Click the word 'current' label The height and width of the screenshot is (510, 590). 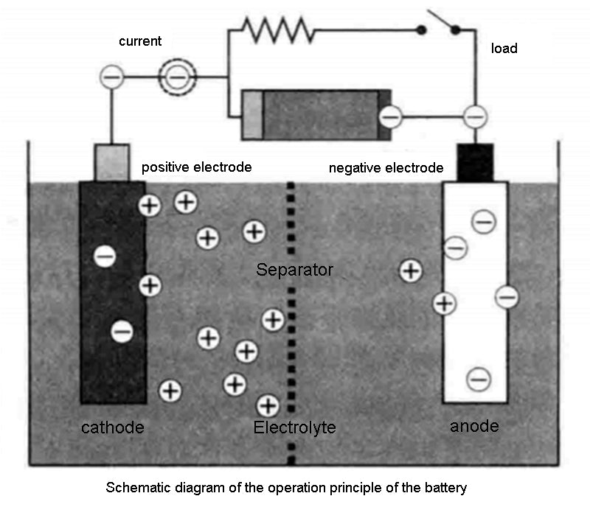coord(140,41)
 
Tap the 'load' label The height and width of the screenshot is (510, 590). coord(504,49)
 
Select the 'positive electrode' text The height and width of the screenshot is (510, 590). coord(197,167)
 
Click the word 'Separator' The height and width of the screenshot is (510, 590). coord(295,270)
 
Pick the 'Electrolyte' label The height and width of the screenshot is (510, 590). coord(294,427)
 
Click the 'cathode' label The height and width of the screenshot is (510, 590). coord(113,427)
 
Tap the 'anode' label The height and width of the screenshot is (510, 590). coord(474,426)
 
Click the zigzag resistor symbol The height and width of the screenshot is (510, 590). coord(279,30)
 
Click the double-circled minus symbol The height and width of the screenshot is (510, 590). coord(177,74)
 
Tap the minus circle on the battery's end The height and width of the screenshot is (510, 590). coord(391,116)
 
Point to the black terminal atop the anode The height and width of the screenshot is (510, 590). coord(475,161)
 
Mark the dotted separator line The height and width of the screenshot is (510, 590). coord(292,324)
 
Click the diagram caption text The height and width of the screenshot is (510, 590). coord(287,488)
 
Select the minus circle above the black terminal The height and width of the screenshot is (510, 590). coord(476,116)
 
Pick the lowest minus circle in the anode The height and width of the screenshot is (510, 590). coord(479,379)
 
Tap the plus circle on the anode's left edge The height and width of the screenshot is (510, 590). coord(443,302)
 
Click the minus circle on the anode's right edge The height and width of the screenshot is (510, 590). coord(507,297)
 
